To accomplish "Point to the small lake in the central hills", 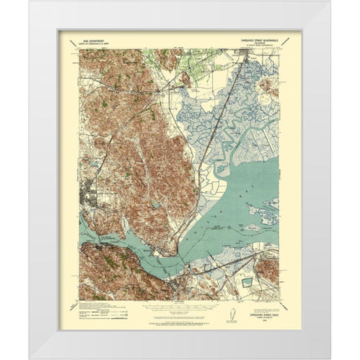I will point(153,202).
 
